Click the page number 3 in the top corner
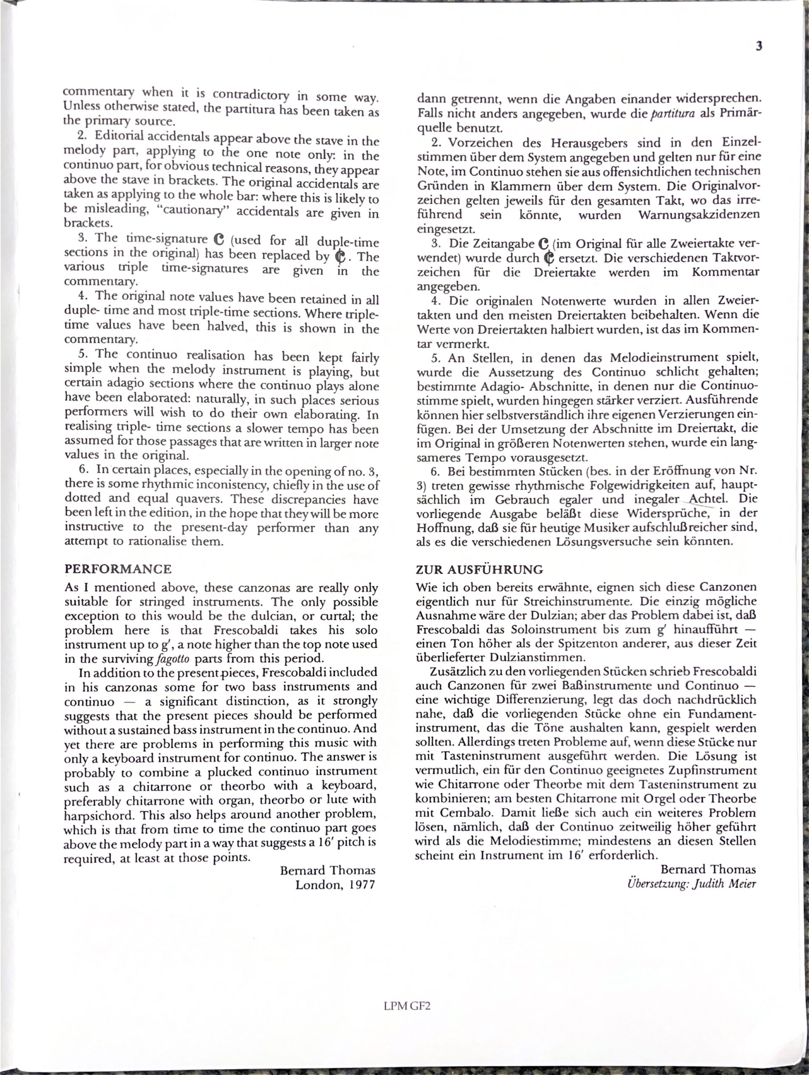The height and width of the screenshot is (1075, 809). [759, 47]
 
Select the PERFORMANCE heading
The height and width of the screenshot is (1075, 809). [118, 569]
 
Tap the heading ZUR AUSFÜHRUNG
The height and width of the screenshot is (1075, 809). [479, 569]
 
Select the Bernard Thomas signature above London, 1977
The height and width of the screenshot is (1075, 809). [328, 870]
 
